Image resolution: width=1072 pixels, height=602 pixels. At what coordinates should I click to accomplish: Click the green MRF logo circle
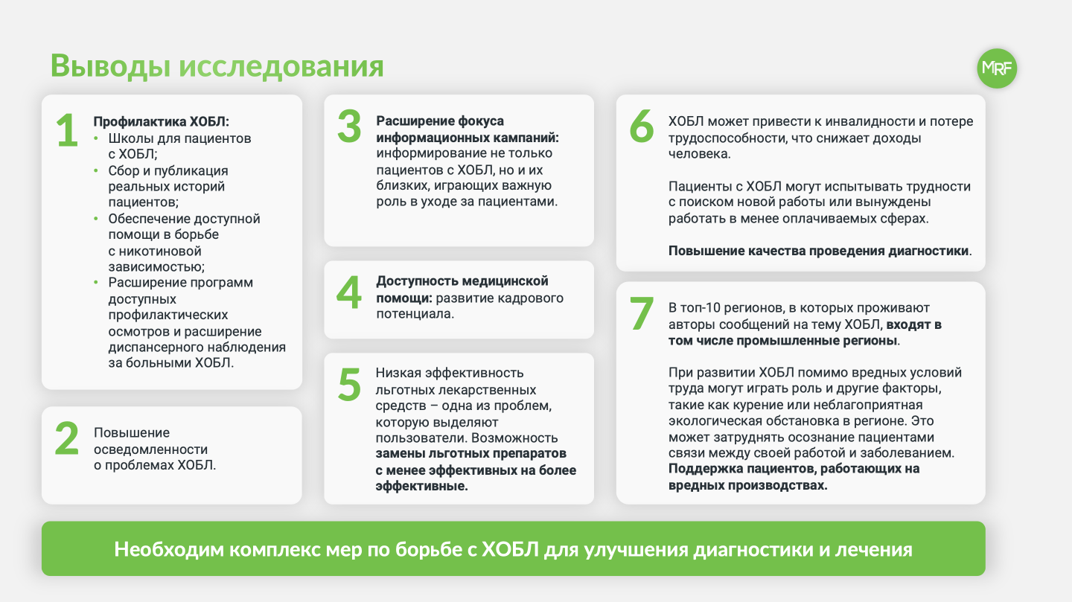click(x=997, y=68)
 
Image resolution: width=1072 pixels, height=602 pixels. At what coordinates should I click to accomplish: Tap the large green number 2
click(x=67, y=438)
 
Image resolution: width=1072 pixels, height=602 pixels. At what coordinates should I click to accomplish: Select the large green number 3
click(x=349, y=127)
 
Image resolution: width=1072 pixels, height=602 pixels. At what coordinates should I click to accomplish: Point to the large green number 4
click(x=349, y=292)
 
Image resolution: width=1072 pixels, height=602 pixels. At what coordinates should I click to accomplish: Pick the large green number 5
click(x=349, y=384)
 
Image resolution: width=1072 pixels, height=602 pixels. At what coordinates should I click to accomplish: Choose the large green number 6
click(x=642, y=127)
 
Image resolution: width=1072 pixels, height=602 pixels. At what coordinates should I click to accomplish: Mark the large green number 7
click(x=641, y=313)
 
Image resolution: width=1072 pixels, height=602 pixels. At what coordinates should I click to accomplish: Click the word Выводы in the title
click(x=110, y=65)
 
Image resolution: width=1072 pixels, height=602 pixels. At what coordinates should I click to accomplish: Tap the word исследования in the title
click(x=281, y=66)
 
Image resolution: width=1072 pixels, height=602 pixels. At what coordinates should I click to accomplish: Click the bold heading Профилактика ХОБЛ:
click(x=162, y=121)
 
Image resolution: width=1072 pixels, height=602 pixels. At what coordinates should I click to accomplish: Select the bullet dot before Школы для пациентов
click(x=96, y=138)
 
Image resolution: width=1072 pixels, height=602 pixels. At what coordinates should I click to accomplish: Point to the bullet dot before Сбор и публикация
click(x=96, y=170)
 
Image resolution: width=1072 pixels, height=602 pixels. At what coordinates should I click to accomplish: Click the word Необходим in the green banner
click(x=169, y=549)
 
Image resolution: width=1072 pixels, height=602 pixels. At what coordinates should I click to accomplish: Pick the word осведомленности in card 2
click(x=150, y=449)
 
